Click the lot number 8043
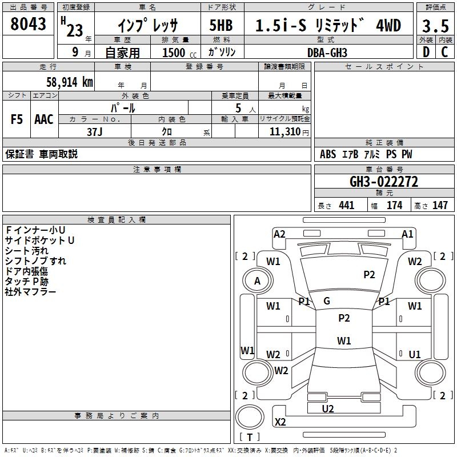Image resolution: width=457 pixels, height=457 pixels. point(28,23)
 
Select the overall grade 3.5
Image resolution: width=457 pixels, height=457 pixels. point(435,26)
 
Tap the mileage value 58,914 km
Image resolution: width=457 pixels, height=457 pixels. point(70,82)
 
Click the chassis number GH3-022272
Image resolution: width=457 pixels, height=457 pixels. point(384,182)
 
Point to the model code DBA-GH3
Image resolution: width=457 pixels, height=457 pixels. point(327,53)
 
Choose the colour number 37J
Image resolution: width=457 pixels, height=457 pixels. point(95,132)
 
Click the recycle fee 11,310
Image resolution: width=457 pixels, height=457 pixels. point(284,132)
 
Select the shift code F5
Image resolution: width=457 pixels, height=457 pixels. point(17,119)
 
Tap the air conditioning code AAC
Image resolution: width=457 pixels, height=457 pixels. point(44,119)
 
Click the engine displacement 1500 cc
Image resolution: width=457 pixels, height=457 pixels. point(179,53)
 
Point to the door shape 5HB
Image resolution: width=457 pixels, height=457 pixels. point(221,25)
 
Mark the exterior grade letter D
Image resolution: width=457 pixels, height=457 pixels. point(426,52)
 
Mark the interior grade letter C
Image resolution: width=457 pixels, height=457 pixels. point(444,52)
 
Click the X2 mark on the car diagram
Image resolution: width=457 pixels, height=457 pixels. point(280,422)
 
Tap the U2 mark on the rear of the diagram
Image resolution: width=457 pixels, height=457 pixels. point(328,409)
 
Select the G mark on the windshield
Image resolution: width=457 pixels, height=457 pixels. point(327,301)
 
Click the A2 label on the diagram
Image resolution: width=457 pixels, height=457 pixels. point(279,234)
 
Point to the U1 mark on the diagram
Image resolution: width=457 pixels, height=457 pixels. point(415,354)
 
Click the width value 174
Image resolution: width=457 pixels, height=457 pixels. point(395,205)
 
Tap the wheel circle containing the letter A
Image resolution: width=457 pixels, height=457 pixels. point(258,280)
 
